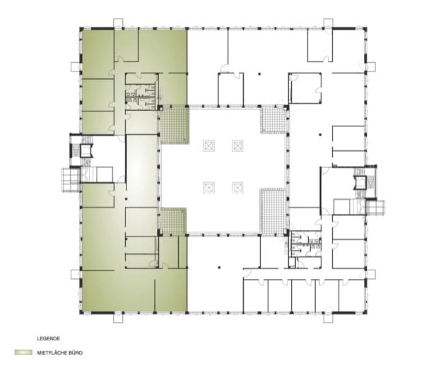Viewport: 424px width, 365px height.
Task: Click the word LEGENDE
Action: point(48,338)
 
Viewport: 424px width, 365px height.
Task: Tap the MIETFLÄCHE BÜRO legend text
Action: point(60,353)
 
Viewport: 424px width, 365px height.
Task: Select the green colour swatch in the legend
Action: point(23,352)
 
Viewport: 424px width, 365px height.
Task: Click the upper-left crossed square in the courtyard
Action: point(208,146)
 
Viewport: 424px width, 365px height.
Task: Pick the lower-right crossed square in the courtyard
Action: point(237,188)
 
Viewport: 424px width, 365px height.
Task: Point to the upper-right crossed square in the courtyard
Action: point(237,146)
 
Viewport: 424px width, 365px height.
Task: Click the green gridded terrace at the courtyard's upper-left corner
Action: point(174,125)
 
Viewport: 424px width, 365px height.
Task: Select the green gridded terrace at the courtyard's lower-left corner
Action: point(172,221)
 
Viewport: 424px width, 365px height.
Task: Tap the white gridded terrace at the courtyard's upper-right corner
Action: point(273,121)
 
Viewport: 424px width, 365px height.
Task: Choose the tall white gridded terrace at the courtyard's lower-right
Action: point(273,210)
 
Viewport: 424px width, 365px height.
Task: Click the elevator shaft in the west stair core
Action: point(86,151)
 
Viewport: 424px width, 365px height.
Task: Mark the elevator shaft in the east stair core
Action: point(360,182)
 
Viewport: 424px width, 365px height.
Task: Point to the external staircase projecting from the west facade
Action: point(71,180)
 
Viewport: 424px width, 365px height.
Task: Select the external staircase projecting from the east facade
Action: point(375,208)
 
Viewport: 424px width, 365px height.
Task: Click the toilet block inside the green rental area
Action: point(141,96)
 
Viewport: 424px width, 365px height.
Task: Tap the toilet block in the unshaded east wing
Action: point(305,244)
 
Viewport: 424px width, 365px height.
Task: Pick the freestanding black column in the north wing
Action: point(259,73)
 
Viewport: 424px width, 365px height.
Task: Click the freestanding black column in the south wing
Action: point(219,268)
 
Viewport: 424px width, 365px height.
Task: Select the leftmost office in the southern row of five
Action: point(256,295)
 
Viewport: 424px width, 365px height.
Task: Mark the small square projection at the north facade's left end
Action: point(118,23)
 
